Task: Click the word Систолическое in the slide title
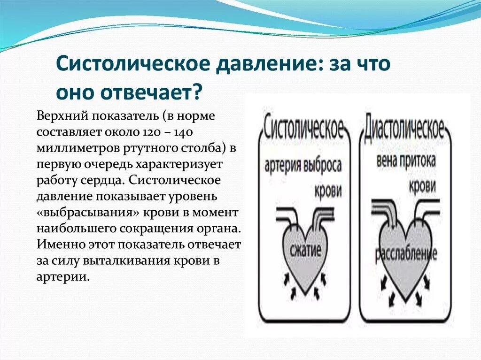132,63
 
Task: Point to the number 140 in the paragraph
198,131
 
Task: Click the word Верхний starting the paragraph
62,116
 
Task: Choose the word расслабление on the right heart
405,253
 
